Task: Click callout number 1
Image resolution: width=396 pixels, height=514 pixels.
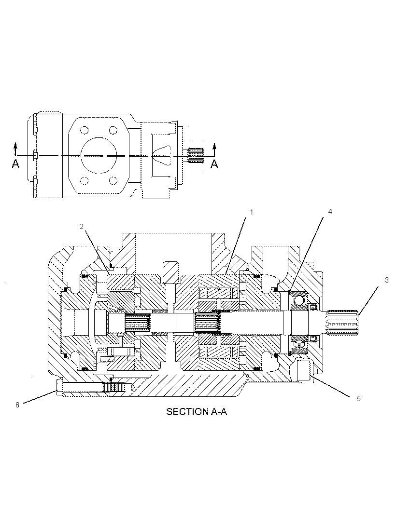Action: point(252,212)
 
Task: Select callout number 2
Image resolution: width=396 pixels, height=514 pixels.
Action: point(82,226)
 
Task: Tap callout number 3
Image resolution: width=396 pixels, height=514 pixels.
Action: point(387,280)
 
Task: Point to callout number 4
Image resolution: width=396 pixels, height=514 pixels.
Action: point(330,212)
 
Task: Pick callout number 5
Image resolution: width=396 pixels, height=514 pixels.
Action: point(358,398)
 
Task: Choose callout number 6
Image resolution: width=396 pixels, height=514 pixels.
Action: point(17,405)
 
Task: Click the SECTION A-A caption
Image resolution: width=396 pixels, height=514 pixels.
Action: point(197,412)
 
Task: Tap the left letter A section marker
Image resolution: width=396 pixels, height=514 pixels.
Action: point(15,163)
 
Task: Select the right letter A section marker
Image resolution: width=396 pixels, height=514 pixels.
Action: point(214,163)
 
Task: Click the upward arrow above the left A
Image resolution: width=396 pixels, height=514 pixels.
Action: point(15,149)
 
